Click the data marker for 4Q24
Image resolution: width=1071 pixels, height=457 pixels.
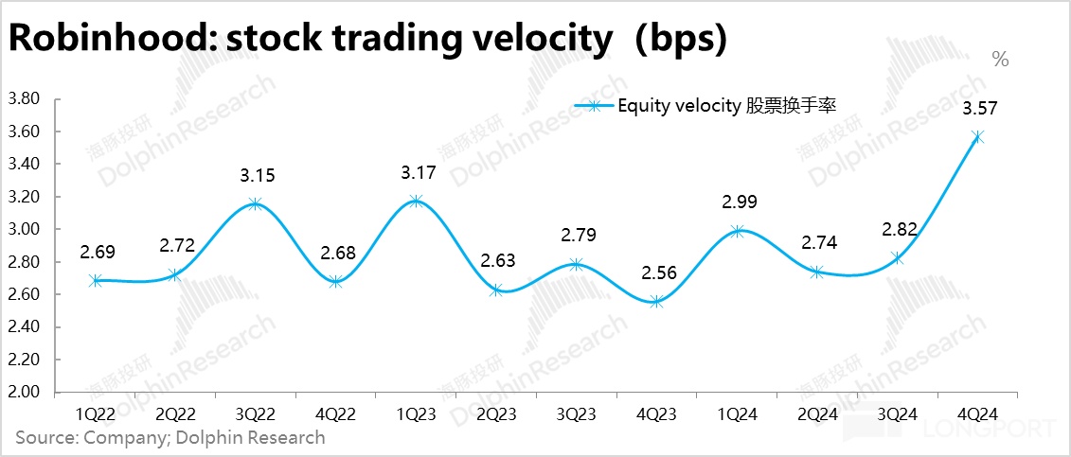[x=977, y=137]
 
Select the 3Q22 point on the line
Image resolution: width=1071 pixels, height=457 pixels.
[x=255, y=203]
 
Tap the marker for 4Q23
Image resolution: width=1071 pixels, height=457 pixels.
[x=656, y=302]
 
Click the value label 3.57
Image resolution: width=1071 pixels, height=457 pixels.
[x=978, y=109]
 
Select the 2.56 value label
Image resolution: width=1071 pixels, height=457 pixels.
[x=656, y=273]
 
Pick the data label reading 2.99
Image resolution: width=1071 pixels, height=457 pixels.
[x=737, y=202]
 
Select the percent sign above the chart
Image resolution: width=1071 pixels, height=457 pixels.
[x=1000, y=60]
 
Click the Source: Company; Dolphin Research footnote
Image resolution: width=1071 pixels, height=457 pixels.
[x=170, y=438]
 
